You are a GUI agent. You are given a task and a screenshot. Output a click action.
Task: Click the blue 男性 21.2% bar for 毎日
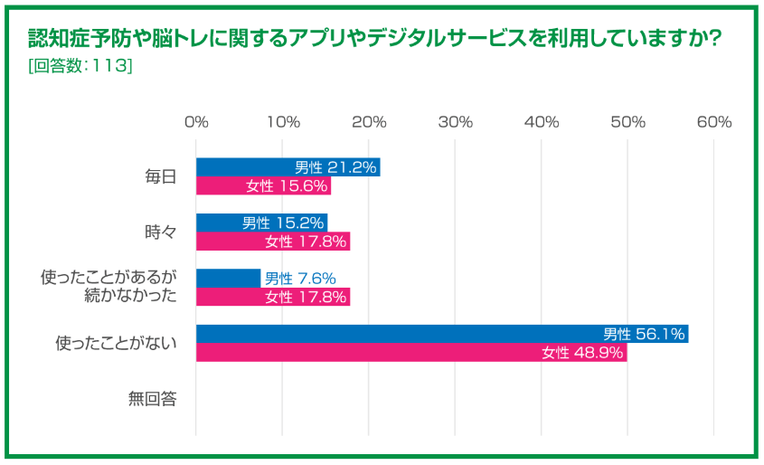288,167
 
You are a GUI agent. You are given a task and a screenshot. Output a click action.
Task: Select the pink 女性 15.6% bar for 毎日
263,186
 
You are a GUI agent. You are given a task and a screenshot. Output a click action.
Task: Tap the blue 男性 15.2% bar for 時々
261,223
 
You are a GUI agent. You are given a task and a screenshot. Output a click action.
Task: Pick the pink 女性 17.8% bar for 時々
272,242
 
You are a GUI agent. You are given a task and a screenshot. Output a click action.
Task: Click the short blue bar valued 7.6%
228,278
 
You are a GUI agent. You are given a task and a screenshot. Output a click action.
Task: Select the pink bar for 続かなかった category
272,297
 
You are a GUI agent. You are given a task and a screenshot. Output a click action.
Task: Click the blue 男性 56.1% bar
442,333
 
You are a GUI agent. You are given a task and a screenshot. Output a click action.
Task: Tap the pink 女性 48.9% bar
410,352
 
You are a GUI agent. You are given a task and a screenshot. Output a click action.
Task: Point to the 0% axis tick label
196,122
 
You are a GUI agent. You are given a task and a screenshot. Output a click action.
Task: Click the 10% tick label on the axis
282,122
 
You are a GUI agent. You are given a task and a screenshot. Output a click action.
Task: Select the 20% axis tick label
369,122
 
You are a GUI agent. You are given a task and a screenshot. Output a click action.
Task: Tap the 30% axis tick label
455,122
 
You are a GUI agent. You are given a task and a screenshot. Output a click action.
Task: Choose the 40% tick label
542,122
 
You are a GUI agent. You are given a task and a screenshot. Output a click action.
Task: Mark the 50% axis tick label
627,122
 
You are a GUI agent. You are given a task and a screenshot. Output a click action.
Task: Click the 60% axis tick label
713,122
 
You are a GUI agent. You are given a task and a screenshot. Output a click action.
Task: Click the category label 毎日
161,177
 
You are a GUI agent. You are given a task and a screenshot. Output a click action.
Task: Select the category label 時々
161,232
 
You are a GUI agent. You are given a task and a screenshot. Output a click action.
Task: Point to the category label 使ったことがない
116,343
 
